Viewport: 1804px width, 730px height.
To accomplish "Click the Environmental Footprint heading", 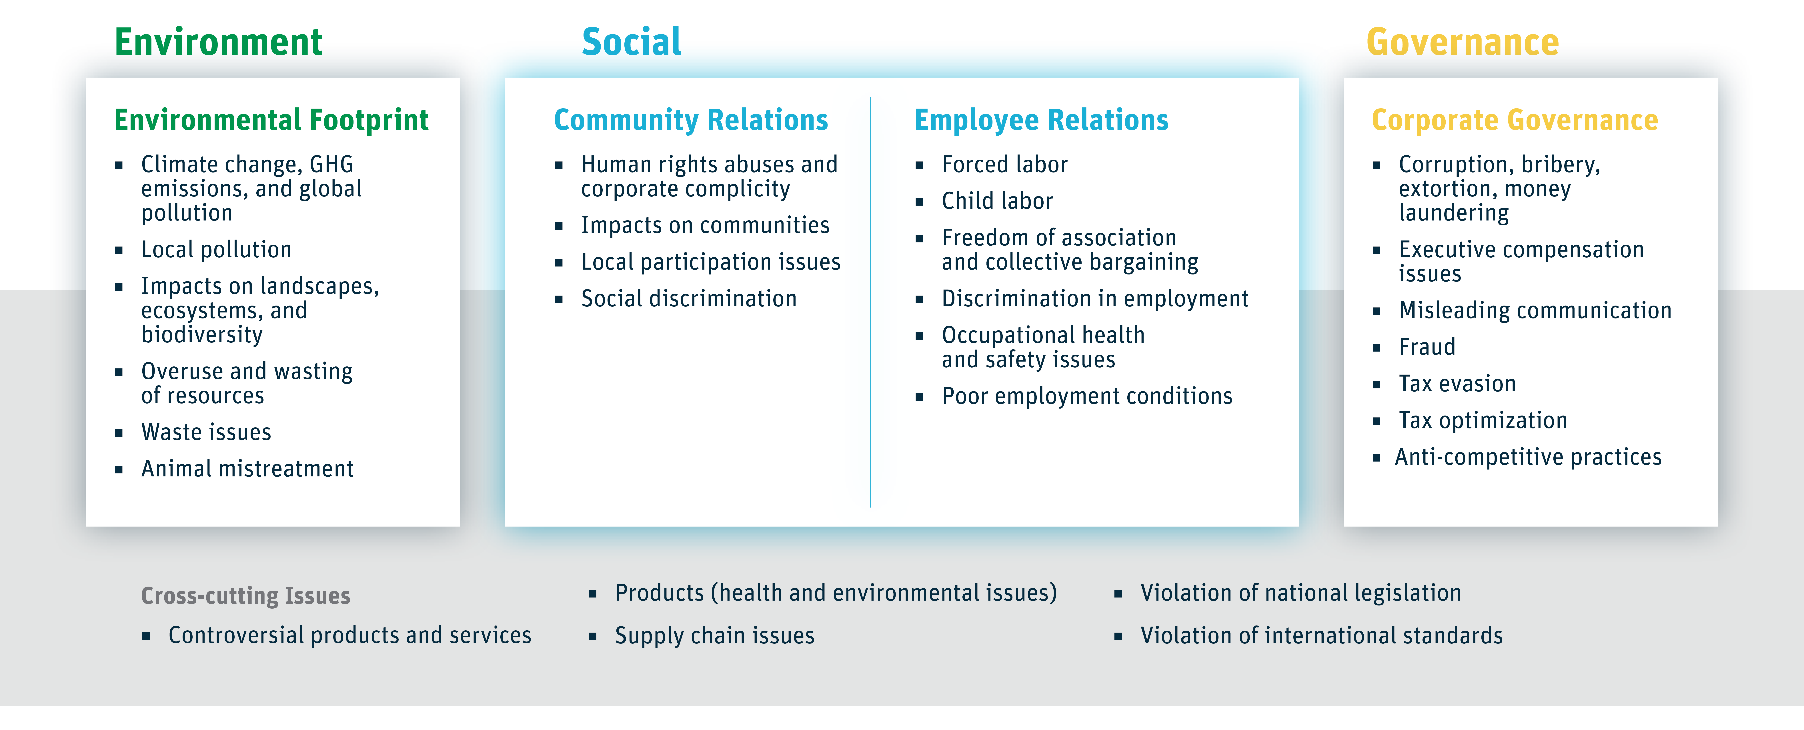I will [x=271, y=120].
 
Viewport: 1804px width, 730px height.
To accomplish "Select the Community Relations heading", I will [x=690, y=120].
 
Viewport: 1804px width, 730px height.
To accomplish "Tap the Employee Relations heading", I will [x=1041, y=120].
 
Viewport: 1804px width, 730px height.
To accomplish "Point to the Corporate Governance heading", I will [x=1514, y=120].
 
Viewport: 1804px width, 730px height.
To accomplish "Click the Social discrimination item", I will [x=688, y=299].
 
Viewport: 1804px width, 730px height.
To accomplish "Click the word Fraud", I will [x=1427, y=347].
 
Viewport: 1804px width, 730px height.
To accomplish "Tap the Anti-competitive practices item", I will [x=1527, y=457].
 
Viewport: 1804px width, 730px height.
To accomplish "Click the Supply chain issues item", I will [x=714, y=635].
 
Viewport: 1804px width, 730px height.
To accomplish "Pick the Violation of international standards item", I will [x=1321, y=635].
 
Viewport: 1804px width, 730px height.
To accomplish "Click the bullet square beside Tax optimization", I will [x=1376, y=421].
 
